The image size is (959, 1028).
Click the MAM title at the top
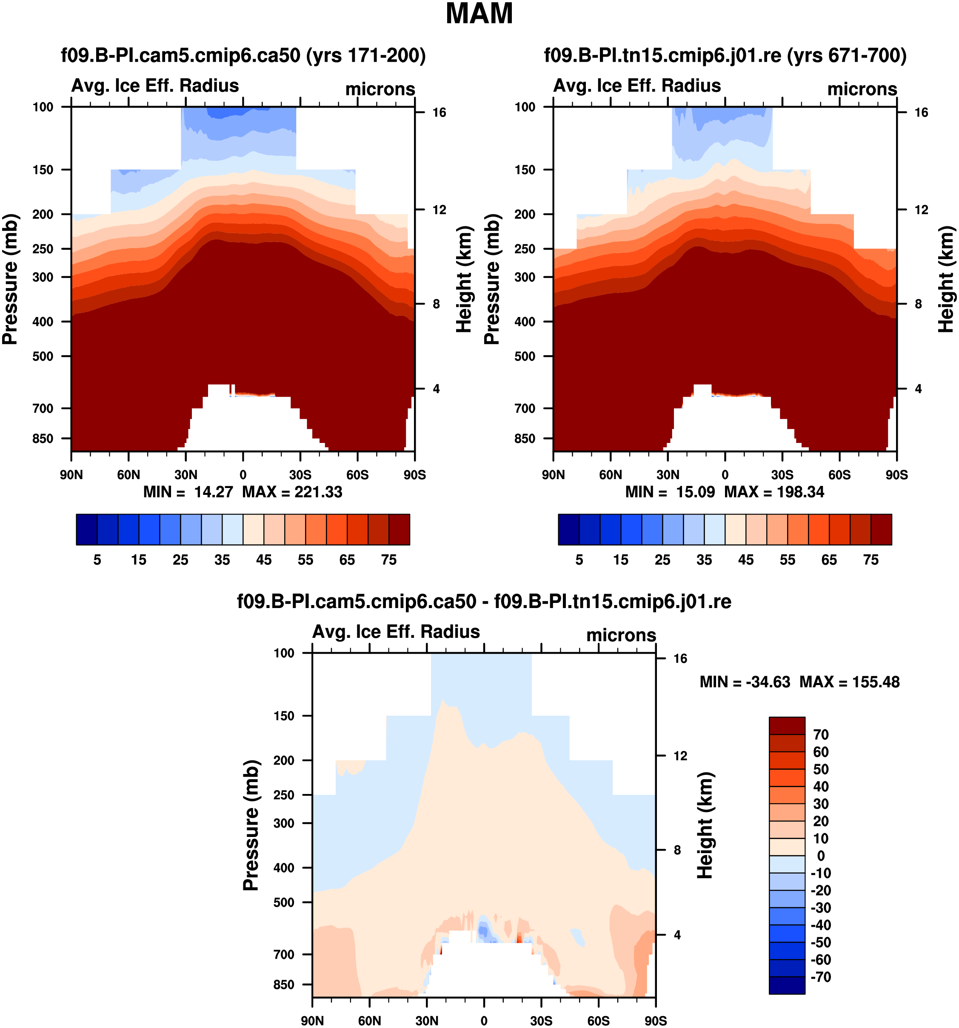pos(479,14)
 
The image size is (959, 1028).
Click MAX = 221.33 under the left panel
pos(292,492)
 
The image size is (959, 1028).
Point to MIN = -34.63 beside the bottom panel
pos(745,682)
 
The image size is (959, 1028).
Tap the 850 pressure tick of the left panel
pos(43,439)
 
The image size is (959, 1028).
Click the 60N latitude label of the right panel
pos(611,475)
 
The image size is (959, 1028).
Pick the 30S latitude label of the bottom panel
pos(541,1021)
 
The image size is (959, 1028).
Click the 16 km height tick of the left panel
pos(439,113)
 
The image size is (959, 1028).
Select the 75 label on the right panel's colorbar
pos(871,560)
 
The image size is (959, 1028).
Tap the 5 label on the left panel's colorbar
pos(97,560)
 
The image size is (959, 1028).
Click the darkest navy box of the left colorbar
pos(87,529)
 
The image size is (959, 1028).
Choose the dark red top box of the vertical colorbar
pos(787,725)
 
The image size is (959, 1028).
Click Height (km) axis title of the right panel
pos(946,279)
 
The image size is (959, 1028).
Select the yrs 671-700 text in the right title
pos(847,55)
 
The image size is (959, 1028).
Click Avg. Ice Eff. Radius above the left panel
pos(155,86)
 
